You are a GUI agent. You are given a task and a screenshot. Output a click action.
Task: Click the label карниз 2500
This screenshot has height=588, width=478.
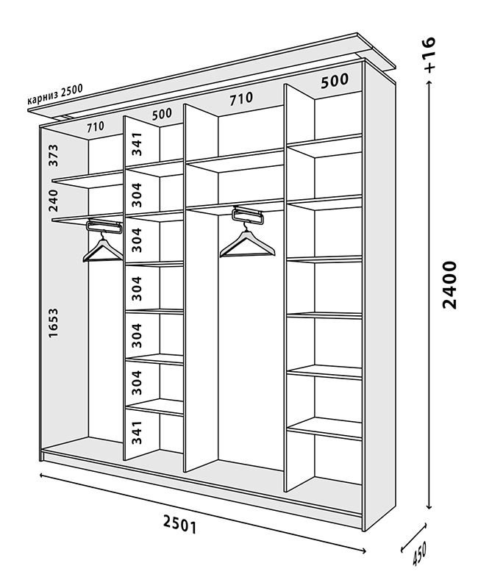pyautogui.click(x=55, y=95)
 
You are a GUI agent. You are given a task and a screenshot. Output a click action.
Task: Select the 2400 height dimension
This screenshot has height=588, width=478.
pyautogui.click(x=449, y=284)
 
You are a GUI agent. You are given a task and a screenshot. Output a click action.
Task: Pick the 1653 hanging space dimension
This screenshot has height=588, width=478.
pyautogui.click(x=54, y=323)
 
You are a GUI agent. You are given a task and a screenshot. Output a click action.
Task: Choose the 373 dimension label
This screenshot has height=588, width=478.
pyautogui.click(x=54, y=154)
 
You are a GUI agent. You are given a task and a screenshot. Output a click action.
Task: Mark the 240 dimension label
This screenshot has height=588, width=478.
pyautogui.click(x=54, y=198)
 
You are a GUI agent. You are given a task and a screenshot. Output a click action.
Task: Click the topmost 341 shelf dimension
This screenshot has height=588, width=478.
pyautogui.click(x=136, y=143)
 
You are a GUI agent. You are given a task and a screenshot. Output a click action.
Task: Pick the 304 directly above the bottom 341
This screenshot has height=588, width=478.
pyautogui.click(x=136, y=383)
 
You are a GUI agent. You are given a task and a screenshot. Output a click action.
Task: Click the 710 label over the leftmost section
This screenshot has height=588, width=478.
pyautogui.click(x=95, y=126)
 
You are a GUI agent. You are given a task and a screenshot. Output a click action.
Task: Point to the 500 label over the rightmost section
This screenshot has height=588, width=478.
pyautogui.click(x=335, y=82)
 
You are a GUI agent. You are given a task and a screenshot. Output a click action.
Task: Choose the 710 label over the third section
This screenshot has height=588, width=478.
pyautogui.click(x=240, y=98)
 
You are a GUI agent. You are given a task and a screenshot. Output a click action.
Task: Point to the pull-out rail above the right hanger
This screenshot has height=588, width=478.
pyautogui.click(x=247, y=216)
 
